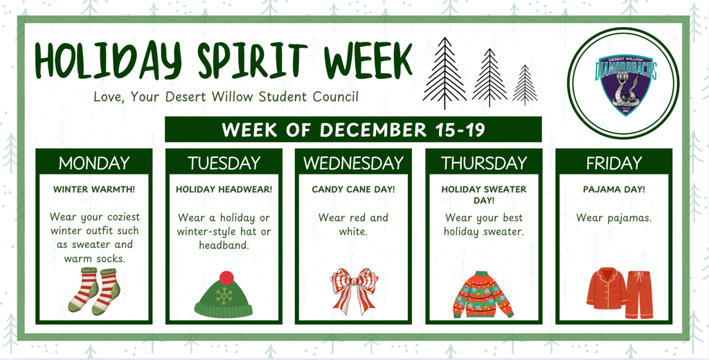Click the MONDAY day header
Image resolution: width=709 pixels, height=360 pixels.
click(x=93, y=163)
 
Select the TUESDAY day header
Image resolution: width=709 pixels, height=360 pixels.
click(x=224, y=163)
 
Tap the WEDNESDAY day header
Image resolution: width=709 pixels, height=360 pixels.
click(x=353, y=163)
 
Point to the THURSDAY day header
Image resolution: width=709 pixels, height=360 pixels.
click(x=484, y=163)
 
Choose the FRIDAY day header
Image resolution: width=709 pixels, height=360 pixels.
click(x=613, y=163)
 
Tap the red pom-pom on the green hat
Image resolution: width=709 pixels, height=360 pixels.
click(x=226, y=278)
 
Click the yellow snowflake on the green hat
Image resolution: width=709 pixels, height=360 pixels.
click(x=224, y=296)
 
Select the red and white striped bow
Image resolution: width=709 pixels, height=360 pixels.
click(x=354, y=289)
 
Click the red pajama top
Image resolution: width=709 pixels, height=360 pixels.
click(x=606, y=289)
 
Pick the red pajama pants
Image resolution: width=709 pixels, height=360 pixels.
click(x=638, y=294)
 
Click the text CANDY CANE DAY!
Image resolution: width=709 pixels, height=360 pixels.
click(x=353, y=189)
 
